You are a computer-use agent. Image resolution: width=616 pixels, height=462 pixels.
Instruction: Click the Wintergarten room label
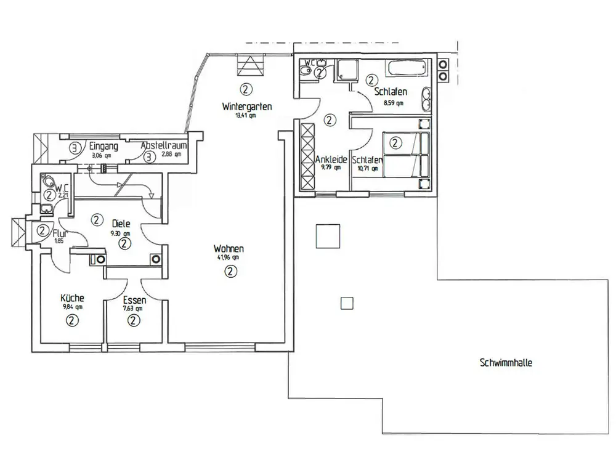coord(247,107)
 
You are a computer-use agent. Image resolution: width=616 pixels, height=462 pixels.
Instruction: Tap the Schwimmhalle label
coord(506,363)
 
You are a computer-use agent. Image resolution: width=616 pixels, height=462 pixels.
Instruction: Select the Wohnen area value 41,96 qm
coord(229,257)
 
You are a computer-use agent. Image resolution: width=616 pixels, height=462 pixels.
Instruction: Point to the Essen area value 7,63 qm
coord(134,309)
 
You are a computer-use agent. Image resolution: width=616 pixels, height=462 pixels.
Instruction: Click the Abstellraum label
coord(163,146)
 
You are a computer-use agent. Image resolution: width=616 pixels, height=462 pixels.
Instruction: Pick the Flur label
coord(60,233)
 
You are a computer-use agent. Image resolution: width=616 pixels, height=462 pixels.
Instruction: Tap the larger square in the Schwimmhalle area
coord(328,235)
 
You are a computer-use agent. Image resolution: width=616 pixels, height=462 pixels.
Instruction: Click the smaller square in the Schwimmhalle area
coord(348,302)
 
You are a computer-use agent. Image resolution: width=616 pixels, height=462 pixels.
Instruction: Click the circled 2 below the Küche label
coord(72,320)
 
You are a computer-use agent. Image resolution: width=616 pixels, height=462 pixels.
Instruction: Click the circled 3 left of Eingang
coord(75,147)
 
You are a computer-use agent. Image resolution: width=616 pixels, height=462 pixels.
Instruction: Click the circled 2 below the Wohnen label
coord(230,271)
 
